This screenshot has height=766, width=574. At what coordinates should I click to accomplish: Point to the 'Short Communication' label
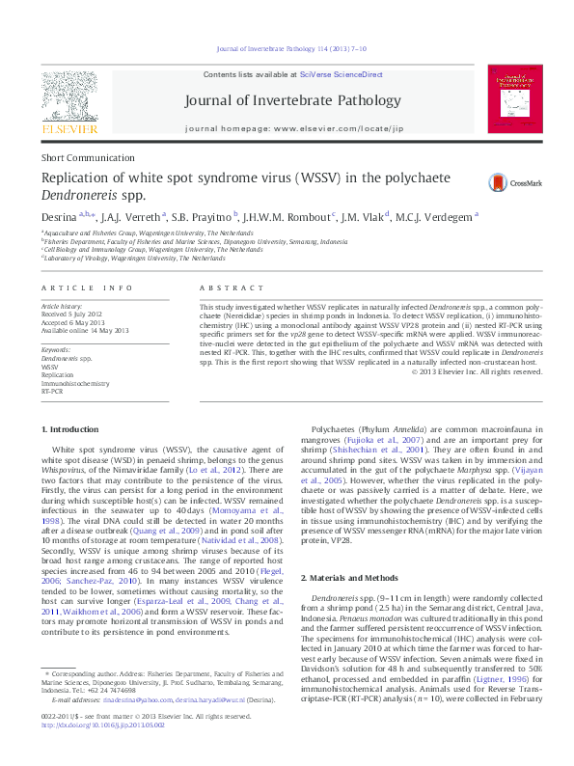(x=82, y=157)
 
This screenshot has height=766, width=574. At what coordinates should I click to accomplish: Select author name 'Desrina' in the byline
(x=58, y=217)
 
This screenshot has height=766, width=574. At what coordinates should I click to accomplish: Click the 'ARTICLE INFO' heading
(x=88, y=288)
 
